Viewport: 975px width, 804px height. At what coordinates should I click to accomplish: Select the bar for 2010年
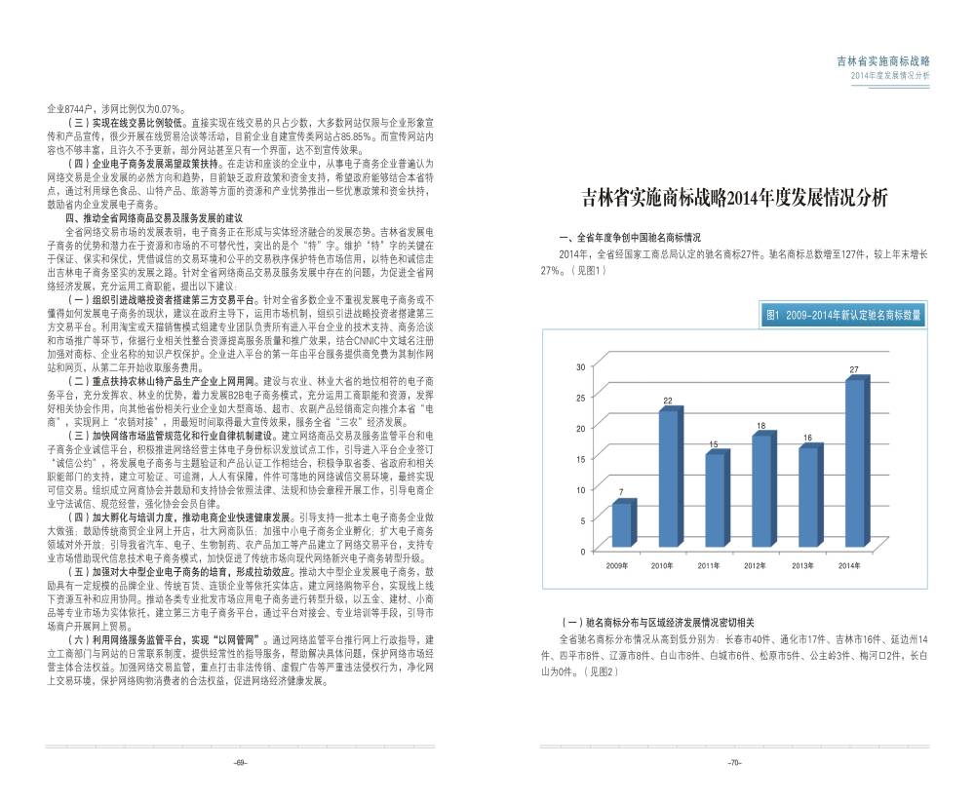pos(668,478)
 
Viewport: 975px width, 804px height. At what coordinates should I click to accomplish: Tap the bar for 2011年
pos(715,499)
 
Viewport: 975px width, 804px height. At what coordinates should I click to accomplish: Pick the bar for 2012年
pos(761,489)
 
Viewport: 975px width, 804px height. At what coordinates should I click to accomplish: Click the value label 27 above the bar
pos(854,370)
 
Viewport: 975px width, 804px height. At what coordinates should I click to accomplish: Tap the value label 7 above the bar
pos(621,492)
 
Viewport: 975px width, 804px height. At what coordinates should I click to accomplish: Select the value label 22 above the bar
pos(668,401)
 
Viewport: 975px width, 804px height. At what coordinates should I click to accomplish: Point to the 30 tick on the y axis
pos(581,366)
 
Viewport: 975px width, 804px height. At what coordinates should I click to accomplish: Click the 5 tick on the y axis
pos(583,520)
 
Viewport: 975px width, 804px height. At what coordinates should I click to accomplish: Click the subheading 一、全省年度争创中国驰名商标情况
pos(630,238)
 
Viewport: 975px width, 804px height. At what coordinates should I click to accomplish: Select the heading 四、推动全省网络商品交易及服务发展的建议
pos(154,217)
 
